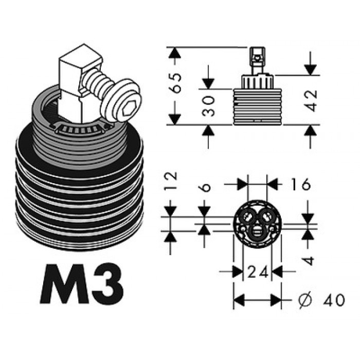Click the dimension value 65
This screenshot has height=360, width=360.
click(x=176, y=83)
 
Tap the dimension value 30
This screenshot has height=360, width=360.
click(x=208, y=106)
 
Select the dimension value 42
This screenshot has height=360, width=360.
click(x=312, y=101)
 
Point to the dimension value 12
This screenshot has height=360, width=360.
click(x=171, y=181)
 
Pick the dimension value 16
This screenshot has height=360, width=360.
click(x=301, y=185)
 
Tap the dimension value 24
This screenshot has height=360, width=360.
click(x=257, y=272)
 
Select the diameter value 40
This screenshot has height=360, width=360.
click(x=334, y=300)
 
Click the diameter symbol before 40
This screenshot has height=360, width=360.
click(x=305, y=300)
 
